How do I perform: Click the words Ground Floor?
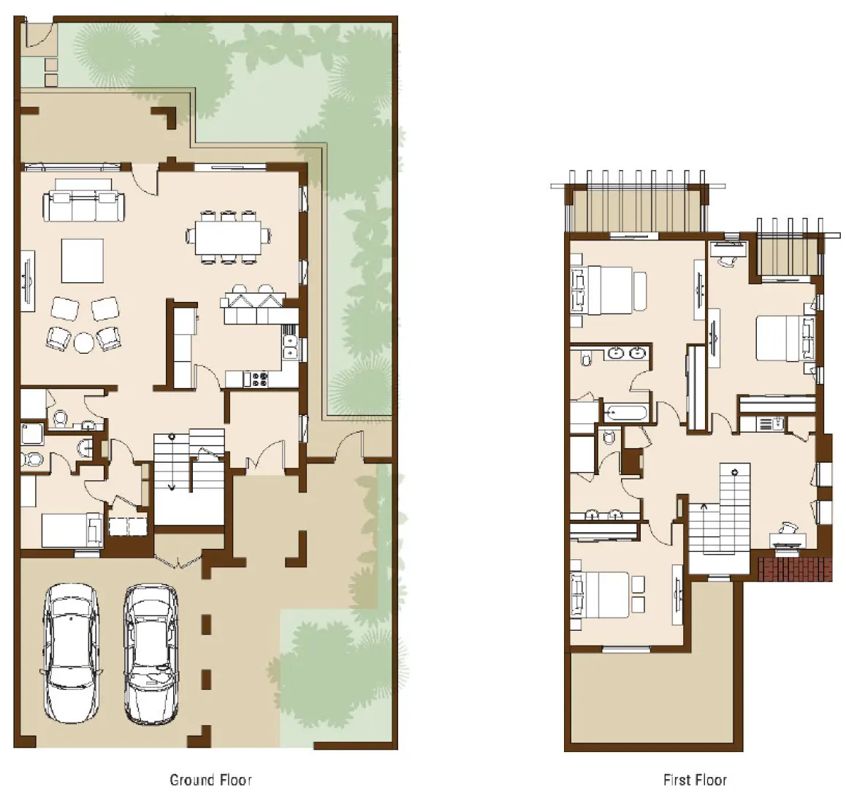click(210, 780)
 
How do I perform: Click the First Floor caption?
click(695, 780)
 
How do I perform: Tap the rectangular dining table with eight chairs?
click(228, 236)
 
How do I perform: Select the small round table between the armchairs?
click(84, 342)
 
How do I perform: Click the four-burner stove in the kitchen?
click(259, 379)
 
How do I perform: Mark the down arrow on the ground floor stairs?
click(172, 485)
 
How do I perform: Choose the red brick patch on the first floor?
click(795, 569)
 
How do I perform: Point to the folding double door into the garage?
click(176, 561)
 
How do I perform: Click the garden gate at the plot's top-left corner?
click(37, 34)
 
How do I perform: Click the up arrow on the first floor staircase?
click(704, 506)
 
